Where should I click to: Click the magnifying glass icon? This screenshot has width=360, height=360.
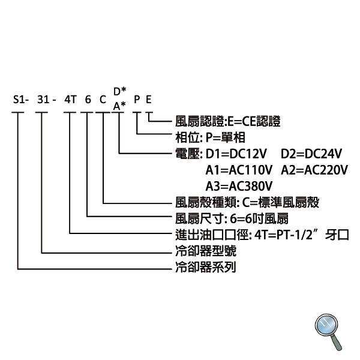tap(328, 332)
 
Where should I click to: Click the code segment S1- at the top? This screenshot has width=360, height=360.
tap(21, 100)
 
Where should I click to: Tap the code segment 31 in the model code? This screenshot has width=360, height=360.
tap(43, 100)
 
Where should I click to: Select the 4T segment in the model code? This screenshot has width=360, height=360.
tap(70, 100)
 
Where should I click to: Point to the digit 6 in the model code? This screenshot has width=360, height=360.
tap(88, 100)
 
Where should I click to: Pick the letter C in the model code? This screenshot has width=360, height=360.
tap(103, 100)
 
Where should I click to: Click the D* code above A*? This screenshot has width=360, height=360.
tap(120, 91)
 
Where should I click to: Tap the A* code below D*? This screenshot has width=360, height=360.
tap(119, 106)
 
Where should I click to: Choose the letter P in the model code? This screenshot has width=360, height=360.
tap(137, 100)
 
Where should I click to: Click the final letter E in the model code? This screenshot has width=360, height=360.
tap(149, 100)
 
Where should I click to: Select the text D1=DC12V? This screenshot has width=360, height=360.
tap(236, 154)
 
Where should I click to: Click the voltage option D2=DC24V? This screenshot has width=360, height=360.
tap(311, 154)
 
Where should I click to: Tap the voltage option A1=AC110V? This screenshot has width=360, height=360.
tap(239, 170)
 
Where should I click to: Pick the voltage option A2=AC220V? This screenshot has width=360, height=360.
tap(314, 170)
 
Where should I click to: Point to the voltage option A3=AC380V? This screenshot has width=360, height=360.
tap(239, 186)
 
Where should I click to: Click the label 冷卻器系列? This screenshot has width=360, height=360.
tap(206, 267)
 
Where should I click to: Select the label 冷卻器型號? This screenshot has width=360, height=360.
tap(206, 251)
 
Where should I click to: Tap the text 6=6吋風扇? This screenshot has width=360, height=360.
tap(259, 218)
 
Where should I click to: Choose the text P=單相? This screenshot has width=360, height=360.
tap(226, 137)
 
